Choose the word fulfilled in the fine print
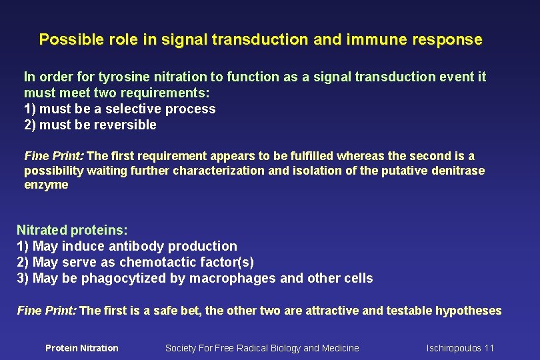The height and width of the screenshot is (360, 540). pyautogui.click(x=312, y=156)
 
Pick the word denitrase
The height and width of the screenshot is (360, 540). pyautogui.click(x=459, y=171)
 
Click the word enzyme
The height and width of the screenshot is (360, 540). pyautogui.click(x=46, y=185)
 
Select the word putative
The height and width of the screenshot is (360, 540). pyautogui.click(x=409, y=171)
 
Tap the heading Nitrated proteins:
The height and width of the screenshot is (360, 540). pyautogui.click(x=72, y=230)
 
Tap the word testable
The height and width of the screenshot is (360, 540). pyautogui.click(x=407, y=311)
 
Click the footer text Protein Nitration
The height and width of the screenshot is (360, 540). pyautogui.click(x=81, y=348)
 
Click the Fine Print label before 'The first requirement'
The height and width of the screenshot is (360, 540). pyautogui.click(x=54, y=156)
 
